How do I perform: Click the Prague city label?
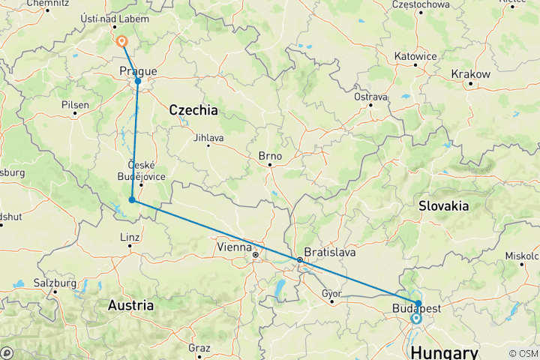138,71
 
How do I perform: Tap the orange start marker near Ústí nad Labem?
121,42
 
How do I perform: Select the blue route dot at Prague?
138,81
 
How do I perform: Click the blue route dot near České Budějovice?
132,199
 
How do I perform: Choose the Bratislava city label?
328,252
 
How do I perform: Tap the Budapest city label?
416,308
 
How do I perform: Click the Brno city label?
270,157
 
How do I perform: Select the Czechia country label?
193,110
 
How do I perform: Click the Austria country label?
130,305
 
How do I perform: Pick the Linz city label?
130,238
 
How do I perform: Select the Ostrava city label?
370,97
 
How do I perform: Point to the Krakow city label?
471,74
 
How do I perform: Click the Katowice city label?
416,56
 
